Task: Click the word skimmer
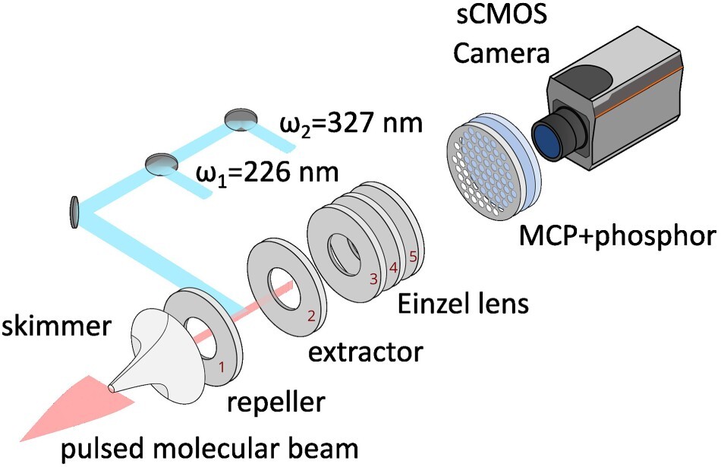(x=56, y=327)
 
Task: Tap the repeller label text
(x=276, y=402)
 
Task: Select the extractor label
(x=366, y=353)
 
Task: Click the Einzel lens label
(x=463, y=304)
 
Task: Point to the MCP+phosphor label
(x=618, y=236)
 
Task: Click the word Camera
(x=501, y=53)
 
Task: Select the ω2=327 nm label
(x=351, y=123)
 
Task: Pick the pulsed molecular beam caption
(x=209, y=449)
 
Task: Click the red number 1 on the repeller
(x=222, y=368)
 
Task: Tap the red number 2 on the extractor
(x=311, y=316)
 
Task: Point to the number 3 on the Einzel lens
(x=373, y=279)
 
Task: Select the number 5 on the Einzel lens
(x=413, y=256)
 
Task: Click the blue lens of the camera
(x=546, y=140)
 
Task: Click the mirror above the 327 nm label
(x=240, y=120)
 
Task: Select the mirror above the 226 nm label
(x=162, y=164)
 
